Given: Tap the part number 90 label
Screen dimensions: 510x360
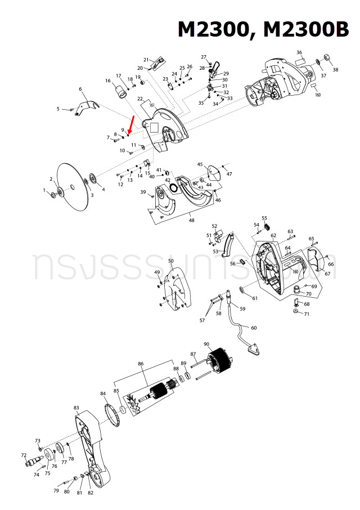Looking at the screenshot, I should coord(206,344).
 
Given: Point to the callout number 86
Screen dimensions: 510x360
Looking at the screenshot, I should coord(141,364).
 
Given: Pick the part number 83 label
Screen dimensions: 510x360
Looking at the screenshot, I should coord(76,407).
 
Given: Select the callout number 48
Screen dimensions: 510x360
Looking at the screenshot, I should coord(192,220).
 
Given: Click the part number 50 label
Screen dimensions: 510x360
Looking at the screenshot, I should coord(171,261).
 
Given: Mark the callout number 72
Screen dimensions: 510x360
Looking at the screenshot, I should coord(24,455).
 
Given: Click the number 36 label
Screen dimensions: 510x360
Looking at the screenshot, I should coord(299,52).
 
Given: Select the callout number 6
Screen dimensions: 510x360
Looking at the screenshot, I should coord(80,89).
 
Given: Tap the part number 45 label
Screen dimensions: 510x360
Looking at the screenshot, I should coord(200,164).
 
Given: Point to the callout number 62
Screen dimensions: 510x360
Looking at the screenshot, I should coord(273,235).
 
